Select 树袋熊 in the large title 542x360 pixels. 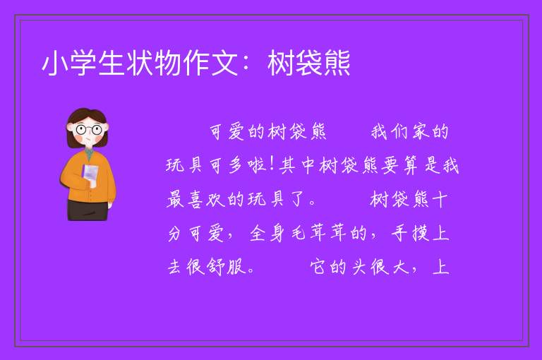coord(308,64)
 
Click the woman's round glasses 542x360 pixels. coord(89,130)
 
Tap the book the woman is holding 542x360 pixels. coord(90,175)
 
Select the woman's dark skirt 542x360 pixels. coord(88,210)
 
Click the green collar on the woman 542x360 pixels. coord(89,153)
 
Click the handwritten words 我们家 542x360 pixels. coord(400,132)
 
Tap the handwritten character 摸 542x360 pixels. coord(421,233)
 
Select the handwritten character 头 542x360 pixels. coord(359,267)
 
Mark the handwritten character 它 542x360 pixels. coord(318,267)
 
